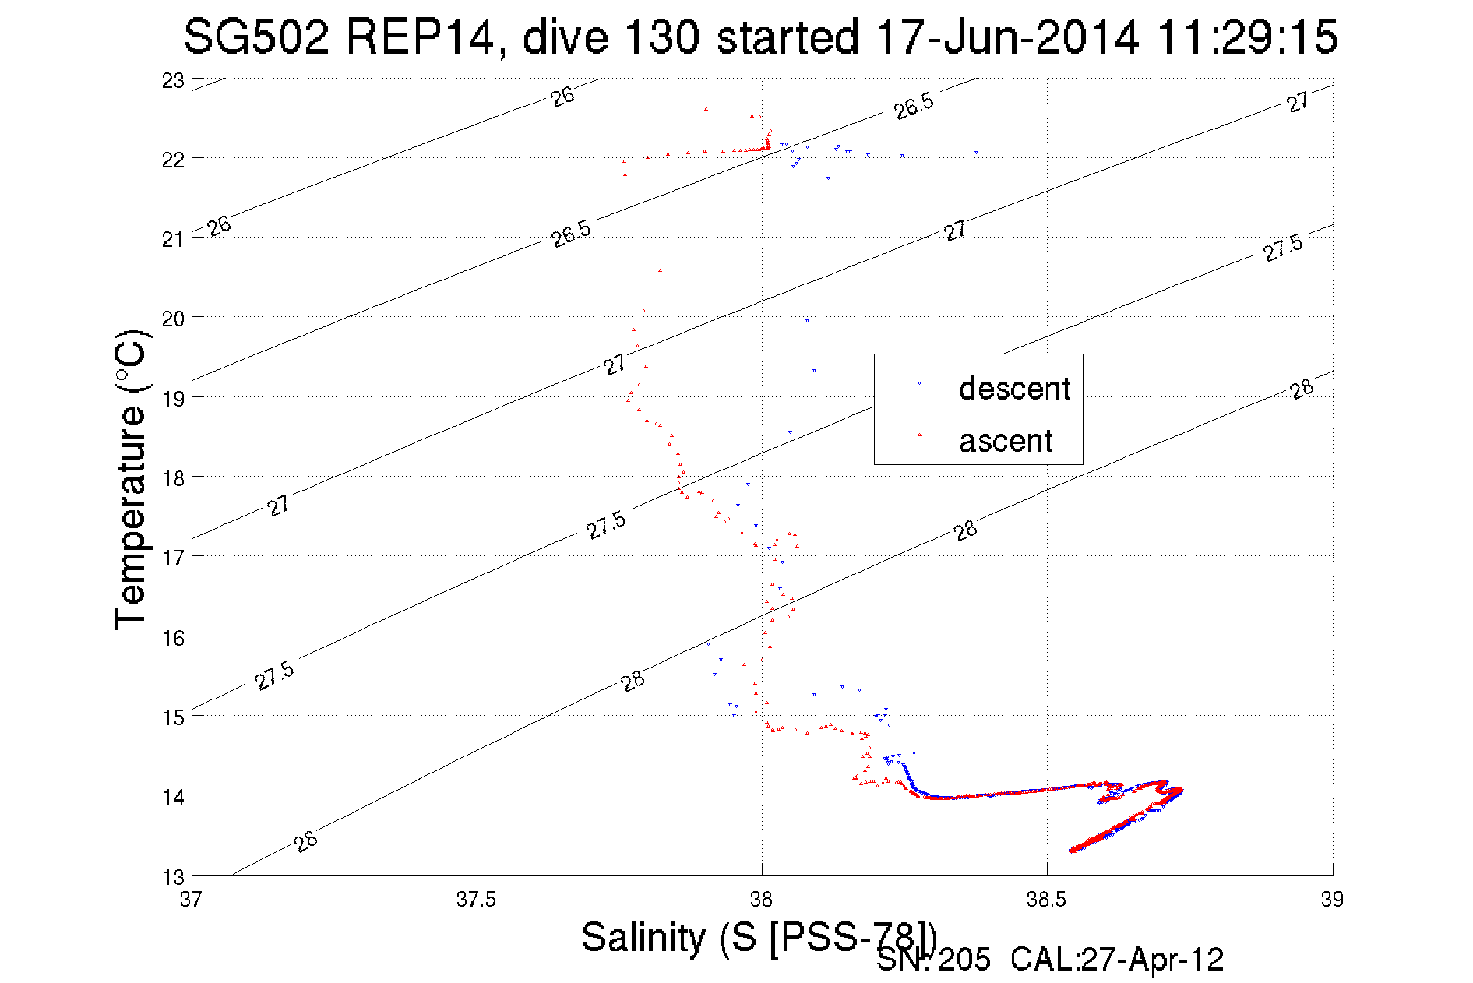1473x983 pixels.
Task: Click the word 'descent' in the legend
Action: tap(1014, 388)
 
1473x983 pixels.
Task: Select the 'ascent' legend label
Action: tap(1006, 441)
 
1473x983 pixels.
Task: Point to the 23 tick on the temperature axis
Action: tap(173, 81)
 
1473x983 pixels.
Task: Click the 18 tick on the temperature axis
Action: tap(173, 478)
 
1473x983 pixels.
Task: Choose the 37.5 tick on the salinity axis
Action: tap(477, 900)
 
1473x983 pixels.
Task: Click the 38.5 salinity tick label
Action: tap(1047, 900)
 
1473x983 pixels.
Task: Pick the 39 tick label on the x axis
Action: tap(1332, 900)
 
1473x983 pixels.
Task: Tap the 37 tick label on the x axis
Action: tap(191, 900)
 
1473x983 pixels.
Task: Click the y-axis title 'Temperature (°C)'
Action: tap(130, 480)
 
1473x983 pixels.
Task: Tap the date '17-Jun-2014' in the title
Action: tap(1007, 37)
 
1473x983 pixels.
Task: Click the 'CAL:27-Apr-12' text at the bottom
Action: tap(1117, 960)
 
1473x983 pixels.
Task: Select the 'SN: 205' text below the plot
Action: tap(933, 960)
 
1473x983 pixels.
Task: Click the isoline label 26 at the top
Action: tap(562, 97)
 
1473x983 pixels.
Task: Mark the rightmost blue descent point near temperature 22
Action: tap(976, 153)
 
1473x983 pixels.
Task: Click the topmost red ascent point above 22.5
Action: tap(706, 109)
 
